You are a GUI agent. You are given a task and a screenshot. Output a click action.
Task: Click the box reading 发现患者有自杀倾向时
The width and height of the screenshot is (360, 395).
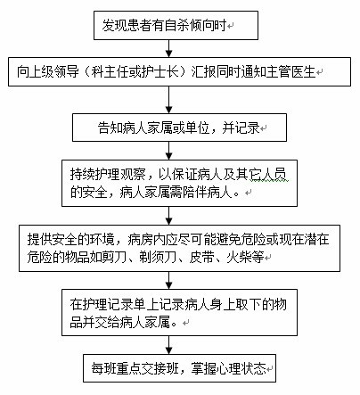click(x=176, y=25)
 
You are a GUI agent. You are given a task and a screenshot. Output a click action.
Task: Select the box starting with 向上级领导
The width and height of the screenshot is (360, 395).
click(x=179, y=72)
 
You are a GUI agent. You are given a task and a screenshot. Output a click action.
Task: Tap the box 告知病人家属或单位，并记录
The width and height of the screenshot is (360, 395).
click(x=179, y=128)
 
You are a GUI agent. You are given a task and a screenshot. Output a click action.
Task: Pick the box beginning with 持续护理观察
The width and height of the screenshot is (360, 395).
click(x=179, y=183)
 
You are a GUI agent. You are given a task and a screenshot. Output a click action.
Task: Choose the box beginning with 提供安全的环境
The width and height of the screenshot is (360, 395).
click(x=179, y=248)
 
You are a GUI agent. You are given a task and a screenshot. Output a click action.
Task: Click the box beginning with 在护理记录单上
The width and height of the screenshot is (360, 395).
click(x=179, y=313)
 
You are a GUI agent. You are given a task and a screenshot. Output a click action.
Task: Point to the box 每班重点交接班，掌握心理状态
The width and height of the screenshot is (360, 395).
click(x=179, y=368)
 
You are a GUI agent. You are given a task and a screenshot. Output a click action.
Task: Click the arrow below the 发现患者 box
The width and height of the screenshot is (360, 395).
click(x=168, y=48)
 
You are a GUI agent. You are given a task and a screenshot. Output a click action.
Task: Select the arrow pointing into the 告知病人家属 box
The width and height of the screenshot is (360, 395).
click(x=168, y=100)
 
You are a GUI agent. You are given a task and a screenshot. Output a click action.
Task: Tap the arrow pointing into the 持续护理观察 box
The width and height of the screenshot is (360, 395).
click(x=168, y=151)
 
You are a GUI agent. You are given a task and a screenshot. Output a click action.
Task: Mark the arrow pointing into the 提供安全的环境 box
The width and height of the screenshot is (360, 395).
click(x=168, y=216)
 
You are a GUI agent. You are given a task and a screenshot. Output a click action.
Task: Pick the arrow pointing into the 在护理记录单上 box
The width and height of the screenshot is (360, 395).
click(x=168, y=280)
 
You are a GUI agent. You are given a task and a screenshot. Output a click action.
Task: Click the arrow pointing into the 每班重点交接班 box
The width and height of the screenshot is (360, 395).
click(x=168, y=345)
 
